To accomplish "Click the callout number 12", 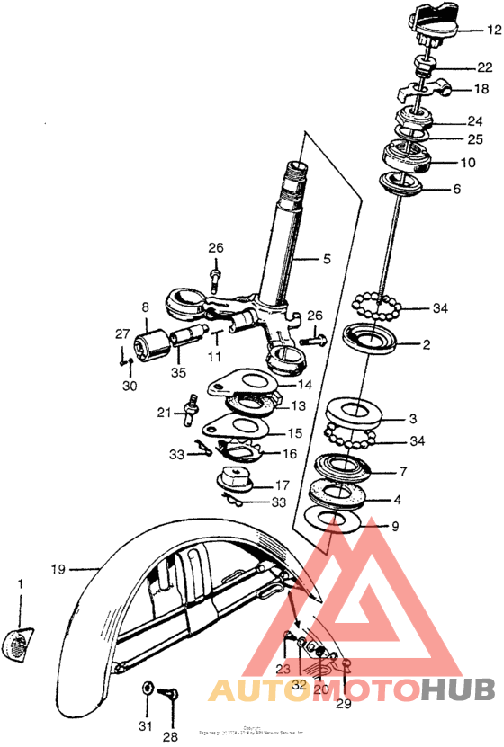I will (x=493, y=30).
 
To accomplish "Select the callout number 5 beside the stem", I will (x=327, y=260).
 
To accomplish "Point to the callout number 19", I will (x=58, y=569).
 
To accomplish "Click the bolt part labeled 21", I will (x=190, y=408).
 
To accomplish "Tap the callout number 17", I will (x=282, y=485).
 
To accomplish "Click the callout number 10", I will (x=468, y=164).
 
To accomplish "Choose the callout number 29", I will (x=343, y=705).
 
